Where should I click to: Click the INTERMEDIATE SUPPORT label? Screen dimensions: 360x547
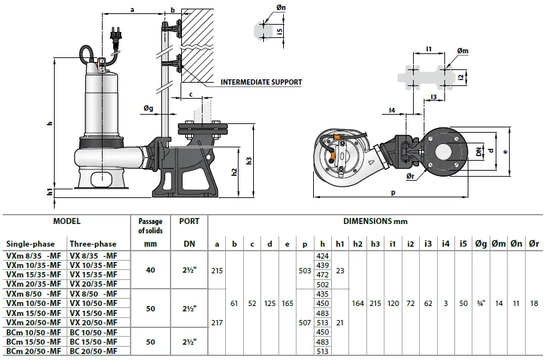[261, 83]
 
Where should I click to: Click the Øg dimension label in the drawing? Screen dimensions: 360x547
[148, 109]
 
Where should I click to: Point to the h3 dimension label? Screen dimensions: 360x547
[249, 160]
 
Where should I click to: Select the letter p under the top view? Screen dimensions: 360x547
[394, 193]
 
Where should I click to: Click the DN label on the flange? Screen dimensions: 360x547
[479, 152]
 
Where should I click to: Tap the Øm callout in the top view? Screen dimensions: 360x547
[462, 51]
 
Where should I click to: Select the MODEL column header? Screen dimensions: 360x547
[67, 221]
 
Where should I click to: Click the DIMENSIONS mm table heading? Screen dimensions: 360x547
[375, 221]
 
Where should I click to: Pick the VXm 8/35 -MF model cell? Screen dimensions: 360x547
[33, 255]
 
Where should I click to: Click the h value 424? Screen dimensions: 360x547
[322, 256]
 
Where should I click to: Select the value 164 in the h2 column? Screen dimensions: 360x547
[358, 303]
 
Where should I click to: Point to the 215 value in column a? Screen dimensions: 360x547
[217, 270]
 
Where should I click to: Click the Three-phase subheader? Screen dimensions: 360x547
[94, 244]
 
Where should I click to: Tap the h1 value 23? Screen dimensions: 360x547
[340, 270]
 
